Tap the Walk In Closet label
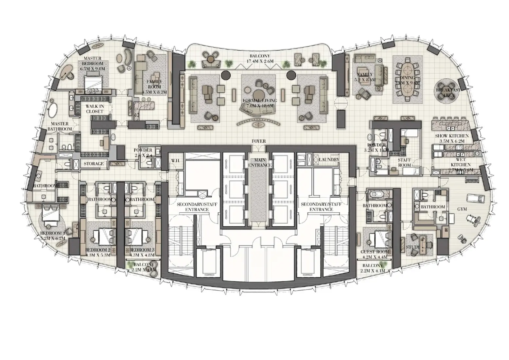pos(95,109)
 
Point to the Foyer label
pos(258,141)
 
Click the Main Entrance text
pos(260,163)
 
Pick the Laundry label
pos(329,159)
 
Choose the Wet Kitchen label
pos(461,167)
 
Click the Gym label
pos(462,209)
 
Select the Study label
pos(413,247)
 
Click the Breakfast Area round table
pos(448,92)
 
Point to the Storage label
pos(94,164)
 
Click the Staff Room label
pos(404,163)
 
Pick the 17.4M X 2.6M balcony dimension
pos(260,61)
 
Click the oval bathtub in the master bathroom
pos(53,110)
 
